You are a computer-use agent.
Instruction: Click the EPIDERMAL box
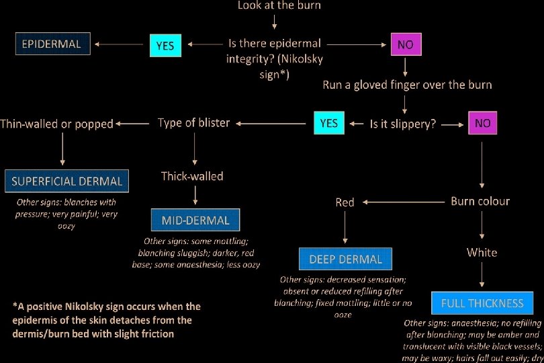[52, 45]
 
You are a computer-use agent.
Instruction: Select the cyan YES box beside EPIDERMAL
[165, 46]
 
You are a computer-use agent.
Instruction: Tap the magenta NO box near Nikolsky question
[405, 46]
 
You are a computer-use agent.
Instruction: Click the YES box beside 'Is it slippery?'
[329, 124]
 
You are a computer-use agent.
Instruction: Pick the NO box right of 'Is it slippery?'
[482, 124]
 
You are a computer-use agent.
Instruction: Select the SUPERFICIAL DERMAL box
[66, 181]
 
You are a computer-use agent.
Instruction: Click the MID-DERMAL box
[195, 220]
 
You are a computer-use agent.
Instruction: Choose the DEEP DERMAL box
[345, 259]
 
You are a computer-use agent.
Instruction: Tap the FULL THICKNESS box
[482, 303]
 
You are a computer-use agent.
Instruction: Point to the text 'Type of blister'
[193, 122]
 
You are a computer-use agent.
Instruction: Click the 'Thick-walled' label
[192, 176]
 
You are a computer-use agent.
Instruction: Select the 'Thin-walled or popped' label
[57, 123]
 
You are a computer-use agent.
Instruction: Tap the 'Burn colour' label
[480, 201]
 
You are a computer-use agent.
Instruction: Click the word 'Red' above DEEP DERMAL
[345, 202]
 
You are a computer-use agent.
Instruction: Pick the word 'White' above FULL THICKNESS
[482, 252]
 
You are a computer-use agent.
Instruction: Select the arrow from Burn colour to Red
[402, 202]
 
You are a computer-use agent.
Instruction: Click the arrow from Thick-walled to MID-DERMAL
[195, 196]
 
